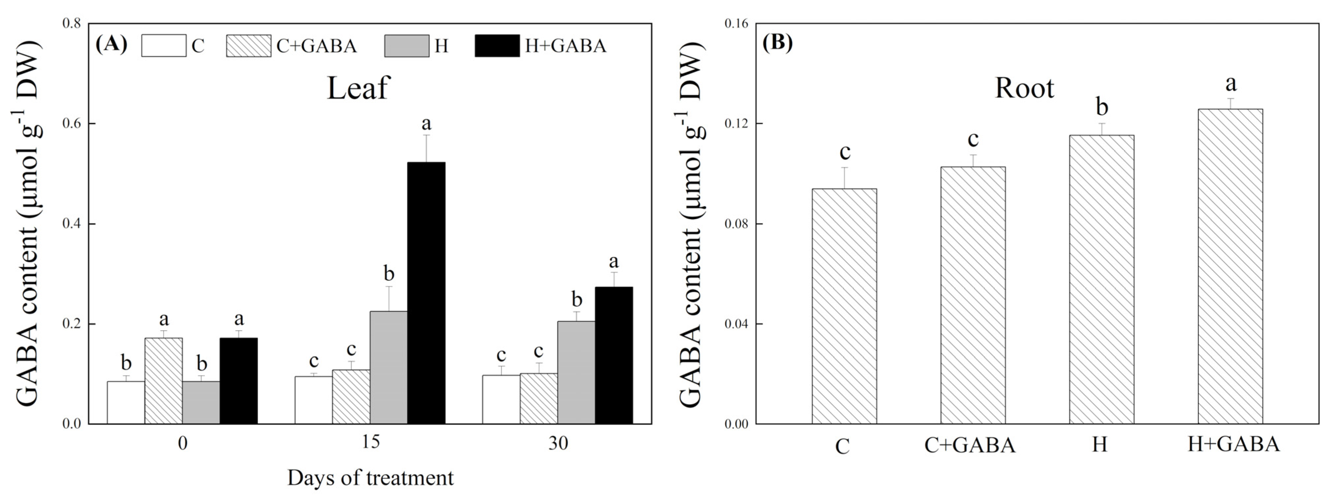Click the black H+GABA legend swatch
pyautogui.click(x=497, y=46)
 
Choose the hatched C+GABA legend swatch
pyautogui.click(x=248, y=46)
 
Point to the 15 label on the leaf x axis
pyautogui.click(x=370, y=443)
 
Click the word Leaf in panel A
pyautogui.click(x=358, y=88)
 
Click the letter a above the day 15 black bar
pyautogui.click(x=426, y=124)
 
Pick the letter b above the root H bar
pyautogui.click(x=1101, y=108)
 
